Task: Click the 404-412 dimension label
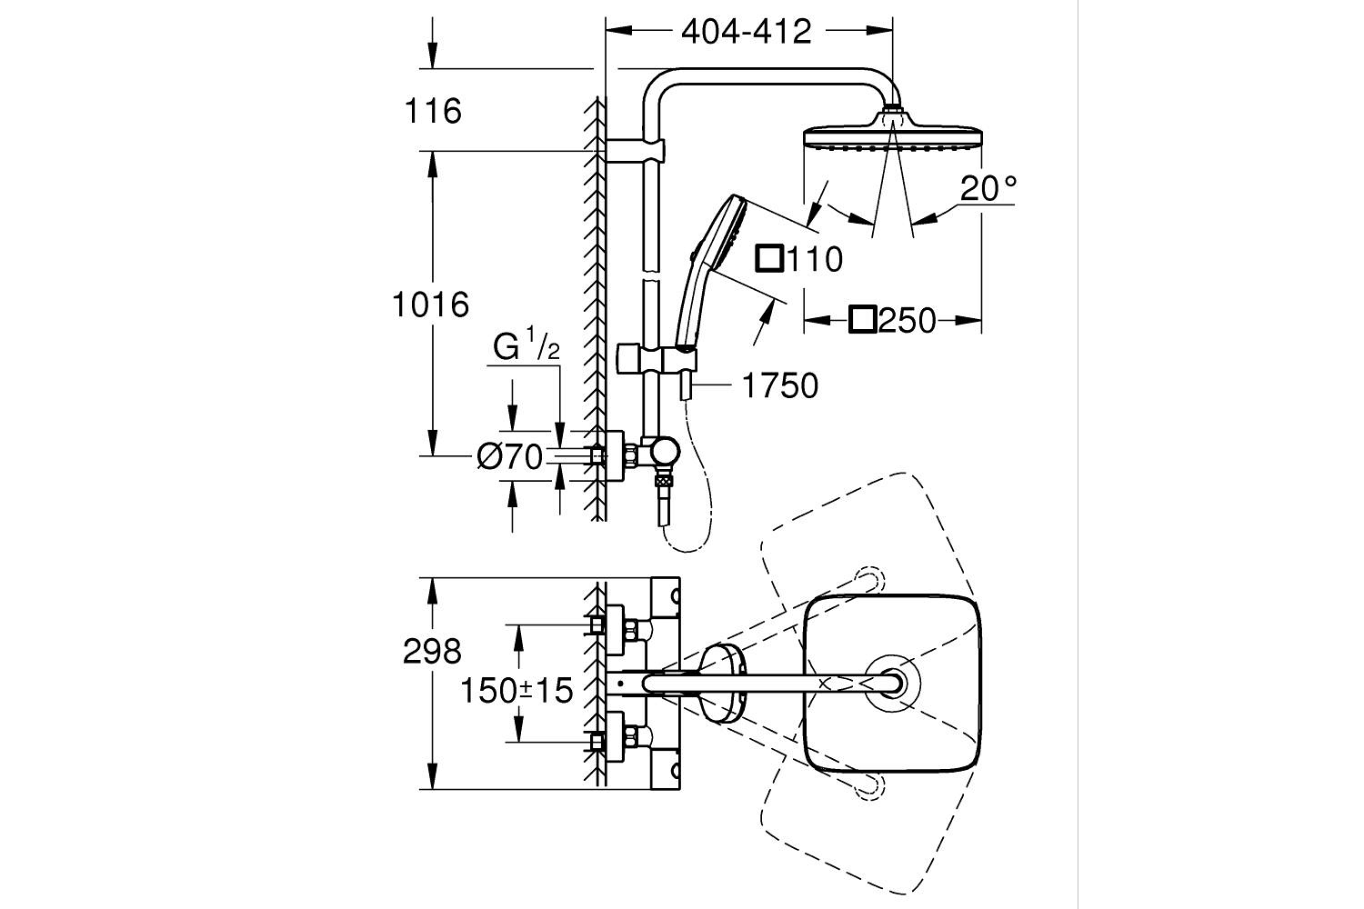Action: point(746,32)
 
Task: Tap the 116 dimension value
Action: point(433,112)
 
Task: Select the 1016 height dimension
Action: point(430,305)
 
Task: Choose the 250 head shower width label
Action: point(907,320)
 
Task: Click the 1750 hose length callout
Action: point(780,386)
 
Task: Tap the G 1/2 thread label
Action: point(526,345)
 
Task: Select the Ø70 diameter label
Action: point(509,456)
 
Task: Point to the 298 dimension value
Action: point(432,652)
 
